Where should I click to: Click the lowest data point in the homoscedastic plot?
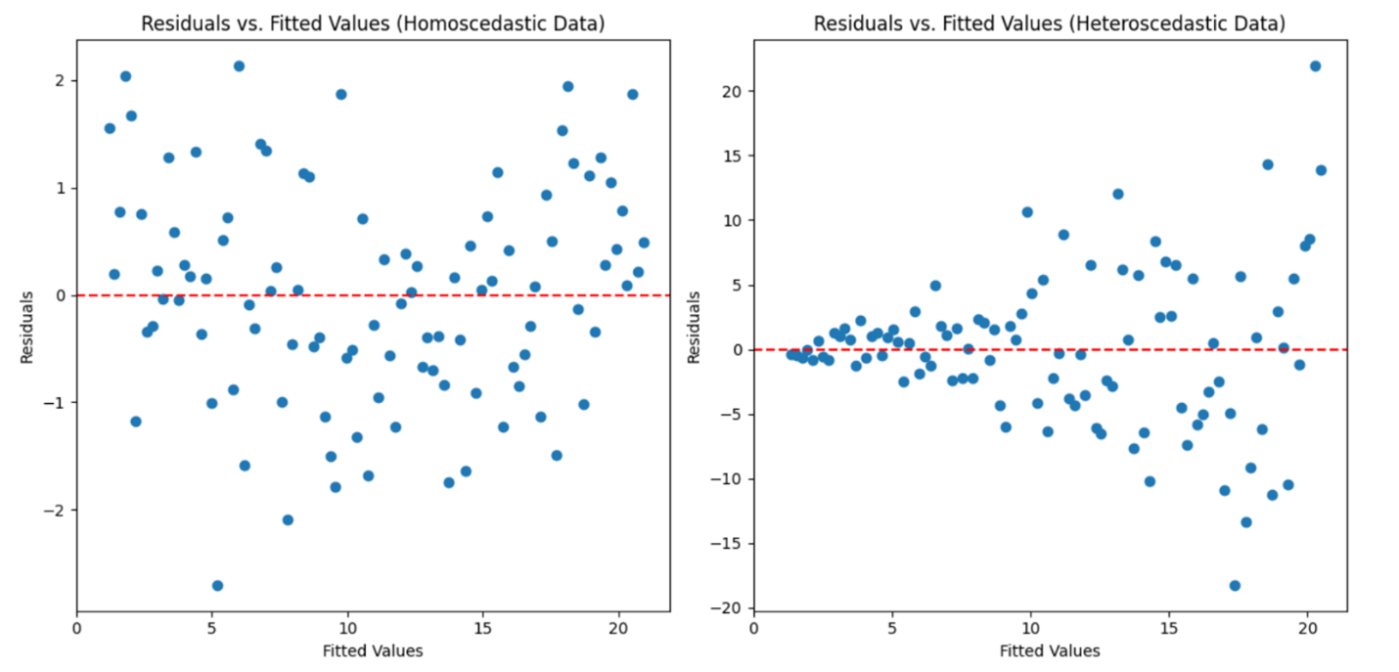(217, 585)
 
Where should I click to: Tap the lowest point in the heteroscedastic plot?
(1235, 585)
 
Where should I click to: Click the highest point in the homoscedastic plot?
(239, 67)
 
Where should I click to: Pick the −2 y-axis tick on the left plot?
(58, 510)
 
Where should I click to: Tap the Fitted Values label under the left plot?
(373, 650)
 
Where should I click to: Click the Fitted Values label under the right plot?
(1050, 650)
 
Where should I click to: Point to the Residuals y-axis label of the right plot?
(695, 327)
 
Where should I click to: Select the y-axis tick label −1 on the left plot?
(58, 402)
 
